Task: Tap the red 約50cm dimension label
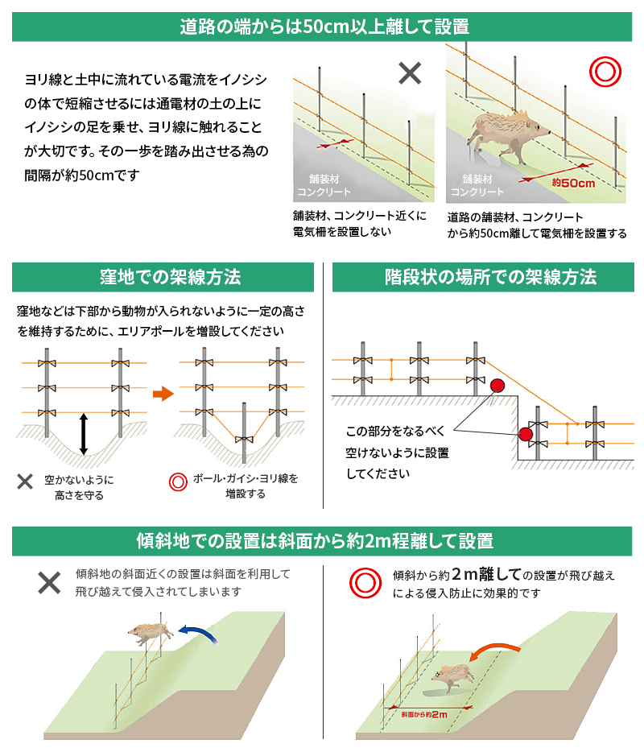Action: [574, 183]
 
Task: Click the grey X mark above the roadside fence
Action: [410, 73]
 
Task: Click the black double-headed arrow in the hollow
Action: [83, 435]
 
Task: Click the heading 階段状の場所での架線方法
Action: [489, 278]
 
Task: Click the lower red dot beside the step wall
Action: [526, 435]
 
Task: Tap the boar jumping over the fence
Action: [151, 633]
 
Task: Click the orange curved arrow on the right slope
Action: [493, 651]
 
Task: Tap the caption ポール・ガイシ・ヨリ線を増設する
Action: [246, 485]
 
